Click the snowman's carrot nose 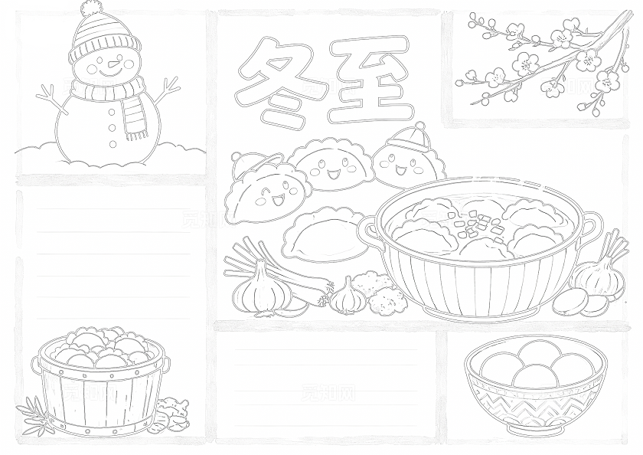(112, 64)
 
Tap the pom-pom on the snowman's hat (90, 8)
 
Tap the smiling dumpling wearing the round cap (406, 157)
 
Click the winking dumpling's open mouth (278, 201)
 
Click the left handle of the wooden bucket (36, 366)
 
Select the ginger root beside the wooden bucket (169, 414)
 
